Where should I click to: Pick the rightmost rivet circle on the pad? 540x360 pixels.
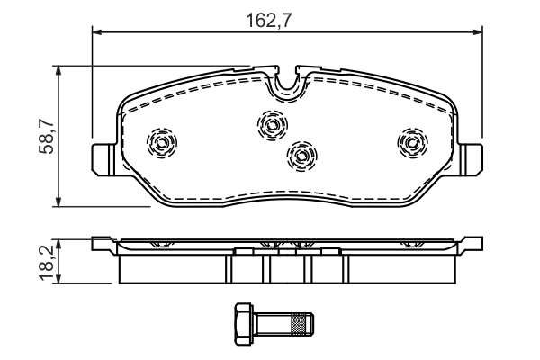[x=411, y=141]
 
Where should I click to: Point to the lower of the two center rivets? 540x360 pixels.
[x=302, y=156]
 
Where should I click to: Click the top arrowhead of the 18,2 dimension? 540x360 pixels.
[x=58, y=241]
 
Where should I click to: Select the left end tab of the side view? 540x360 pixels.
[x=102, y=243]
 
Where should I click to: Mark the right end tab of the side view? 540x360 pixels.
[x=472, y=243]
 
